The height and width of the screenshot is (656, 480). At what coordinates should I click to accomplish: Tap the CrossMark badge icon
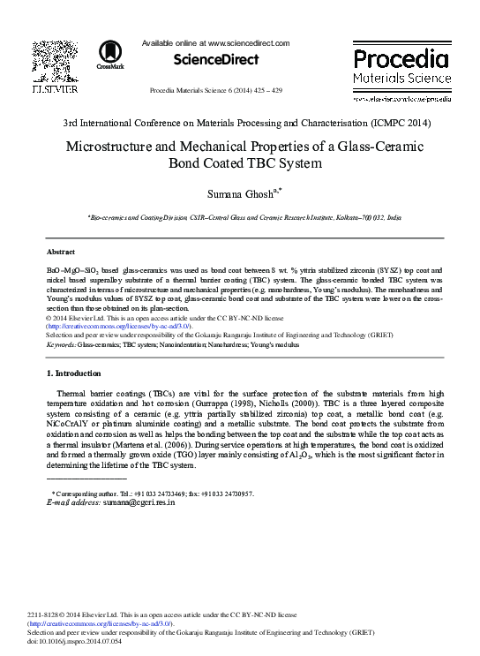coord(111,55)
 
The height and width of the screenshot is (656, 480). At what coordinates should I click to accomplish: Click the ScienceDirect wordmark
coord(216,60)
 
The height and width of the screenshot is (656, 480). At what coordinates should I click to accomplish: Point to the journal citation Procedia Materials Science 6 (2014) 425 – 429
coord(216,91)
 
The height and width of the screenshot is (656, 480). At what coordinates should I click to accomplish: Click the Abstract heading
coord(60,251)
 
